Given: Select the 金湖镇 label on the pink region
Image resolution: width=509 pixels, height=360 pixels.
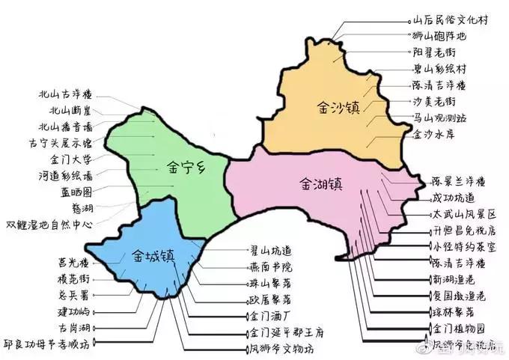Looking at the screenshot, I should coord(320,183).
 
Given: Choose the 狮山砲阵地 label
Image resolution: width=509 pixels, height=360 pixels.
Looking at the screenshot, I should coord(444,37).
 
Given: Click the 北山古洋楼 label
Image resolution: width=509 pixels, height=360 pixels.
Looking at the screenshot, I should coord(65,95).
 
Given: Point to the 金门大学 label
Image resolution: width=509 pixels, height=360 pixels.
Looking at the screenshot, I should coord(70,159).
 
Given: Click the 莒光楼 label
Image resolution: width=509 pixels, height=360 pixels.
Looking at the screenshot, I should coord(73,263).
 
